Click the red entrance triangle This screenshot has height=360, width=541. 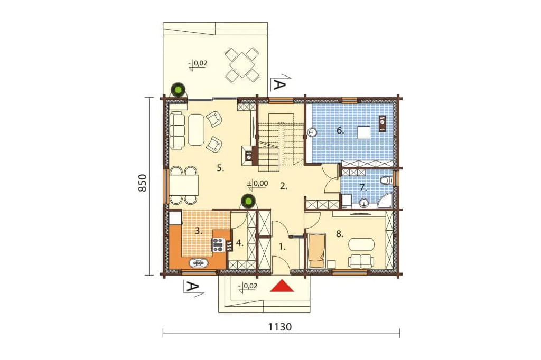pos(282,286)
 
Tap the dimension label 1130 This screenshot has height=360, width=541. pos(280,327)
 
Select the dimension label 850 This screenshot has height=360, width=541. pos(143,183)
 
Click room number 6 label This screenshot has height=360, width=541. pos(340,131)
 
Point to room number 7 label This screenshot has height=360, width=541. pos(363,187)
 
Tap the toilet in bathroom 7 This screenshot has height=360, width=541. pos(387,181)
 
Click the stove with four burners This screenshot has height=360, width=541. pos(218,244)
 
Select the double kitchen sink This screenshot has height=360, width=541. pos(199,263)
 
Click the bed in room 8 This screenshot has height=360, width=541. pos(316,250)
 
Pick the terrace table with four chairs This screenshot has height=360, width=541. pos(241,64)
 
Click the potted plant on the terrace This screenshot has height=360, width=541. pos(179,90)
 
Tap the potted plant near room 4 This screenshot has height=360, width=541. pos(248,201)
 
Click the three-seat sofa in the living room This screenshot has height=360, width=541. pos(178,131)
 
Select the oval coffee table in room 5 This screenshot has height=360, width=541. pos(197,130)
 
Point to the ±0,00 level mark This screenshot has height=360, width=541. pos(257,184)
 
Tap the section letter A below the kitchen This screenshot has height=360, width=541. pos(191,287)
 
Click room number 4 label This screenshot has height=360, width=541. pos(240,243)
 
